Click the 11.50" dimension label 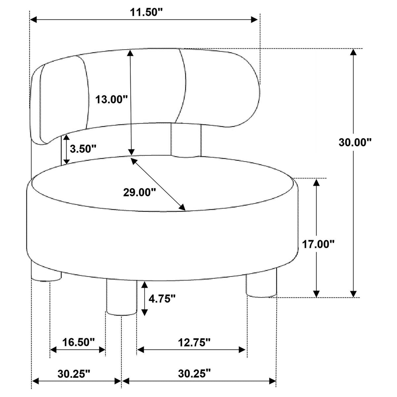146,13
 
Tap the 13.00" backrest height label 112,100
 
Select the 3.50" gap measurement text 83,149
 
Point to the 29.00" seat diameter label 140,193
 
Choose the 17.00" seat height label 318,244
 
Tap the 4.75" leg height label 162,298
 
